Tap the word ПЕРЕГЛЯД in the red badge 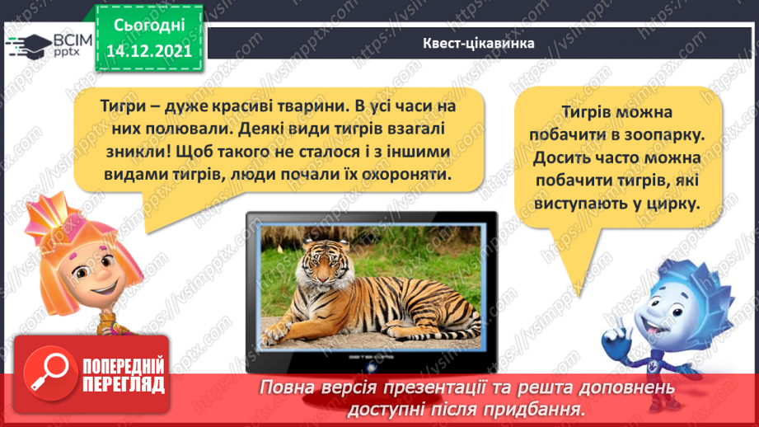pyautogui.click(x=123, y=385)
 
